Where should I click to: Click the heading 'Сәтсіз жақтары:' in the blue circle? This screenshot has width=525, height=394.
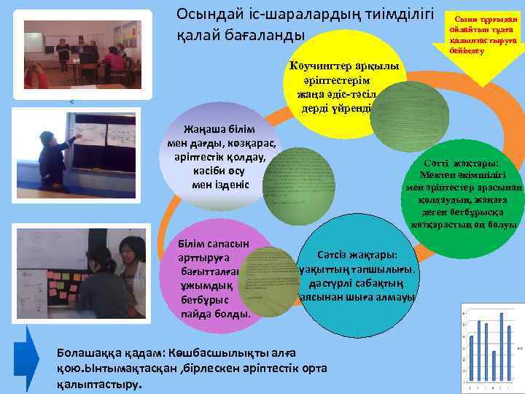(357, 256)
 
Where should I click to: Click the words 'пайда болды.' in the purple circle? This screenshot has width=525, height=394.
(215, 314)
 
